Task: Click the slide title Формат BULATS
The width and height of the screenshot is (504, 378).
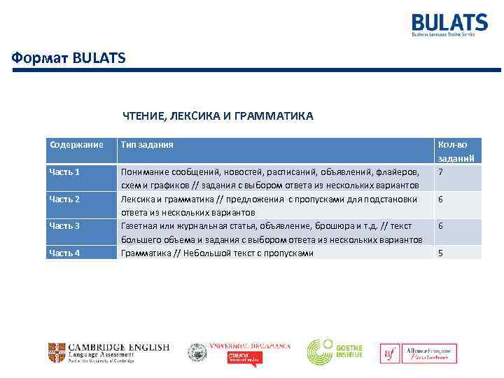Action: pyautogui.click(x=69, y=57)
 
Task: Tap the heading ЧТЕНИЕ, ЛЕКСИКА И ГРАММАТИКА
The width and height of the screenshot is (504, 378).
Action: pyautogui.click(x=218, y=115)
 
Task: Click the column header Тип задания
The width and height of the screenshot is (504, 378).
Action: pyautogui.click(x=147, y=145)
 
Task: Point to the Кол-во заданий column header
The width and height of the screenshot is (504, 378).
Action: pyautogui.click(x=456, y=151)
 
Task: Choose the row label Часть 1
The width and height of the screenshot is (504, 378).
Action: pyautogui.click(x=64, y=171)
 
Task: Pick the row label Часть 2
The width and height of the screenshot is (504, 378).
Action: pyautogui.click(x=64, y=199)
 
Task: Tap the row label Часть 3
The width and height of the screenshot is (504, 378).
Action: pyautogui.click(x=64, y=225)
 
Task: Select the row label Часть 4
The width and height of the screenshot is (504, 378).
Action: pyautogui.click(x=64, y=253)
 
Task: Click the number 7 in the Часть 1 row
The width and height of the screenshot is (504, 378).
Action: pyautogui.click(x=440, y=171)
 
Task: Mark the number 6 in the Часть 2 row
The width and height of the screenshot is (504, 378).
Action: pyautogui.click(x=440, y=199)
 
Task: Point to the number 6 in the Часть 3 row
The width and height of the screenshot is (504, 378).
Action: pyautogui.click(x=440, y=225)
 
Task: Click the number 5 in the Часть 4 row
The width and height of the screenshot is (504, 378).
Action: pyautogui.click(x=440, y=253)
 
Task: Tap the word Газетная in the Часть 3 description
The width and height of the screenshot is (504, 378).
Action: pyautogui.click(x=140, y=225)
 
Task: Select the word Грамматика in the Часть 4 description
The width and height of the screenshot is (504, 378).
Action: pyautogui.click(x=146, y=253)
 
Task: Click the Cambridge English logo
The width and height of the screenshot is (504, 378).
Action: pyautogui.click(x=109, y=352)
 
